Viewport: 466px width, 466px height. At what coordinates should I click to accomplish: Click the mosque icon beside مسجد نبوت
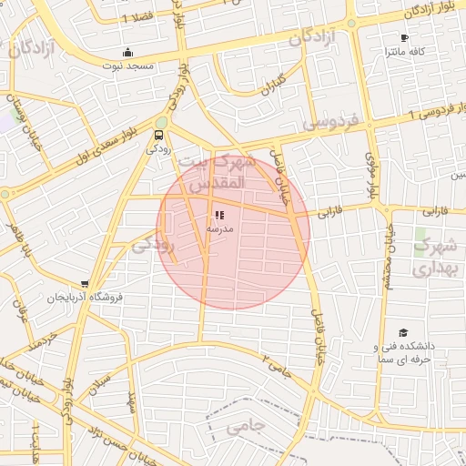click(128, 52)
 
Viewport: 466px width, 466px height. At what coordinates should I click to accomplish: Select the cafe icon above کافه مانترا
click(404, 38)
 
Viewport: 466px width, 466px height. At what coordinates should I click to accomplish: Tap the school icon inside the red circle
click(219, 216)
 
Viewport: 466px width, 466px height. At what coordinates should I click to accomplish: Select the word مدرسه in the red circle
click(219, 229)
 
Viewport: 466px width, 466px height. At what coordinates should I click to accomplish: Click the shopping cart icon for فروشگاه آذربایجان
click(85, 284)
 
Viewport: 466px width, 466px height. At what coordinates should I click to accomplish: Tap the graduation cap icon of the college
click(403, 334)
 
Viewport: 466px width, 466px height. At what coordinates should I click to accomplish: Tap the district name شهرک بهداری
click(433, 258)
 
